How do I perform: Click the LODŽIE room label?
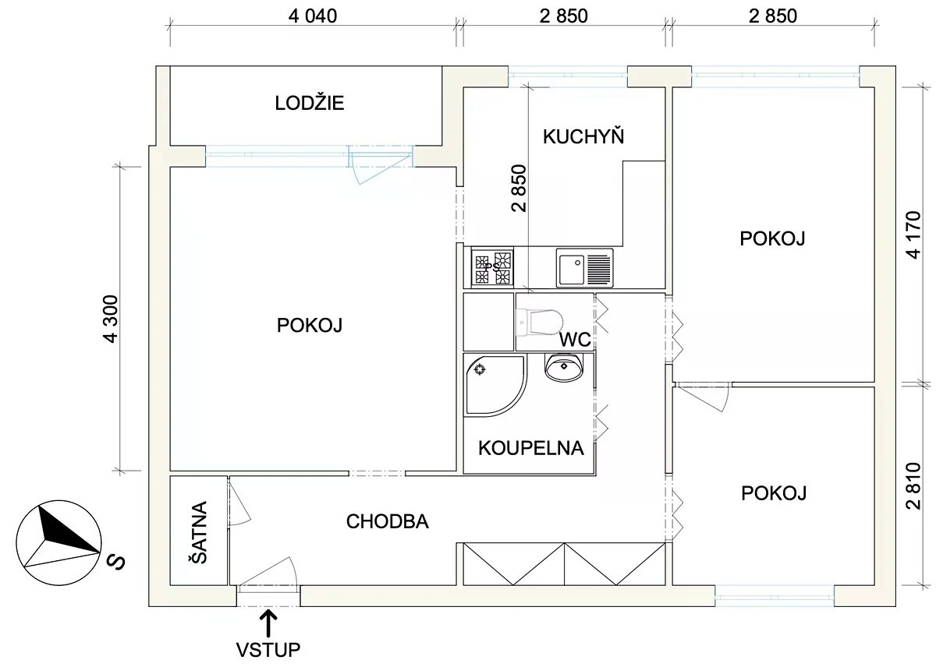pos(309,103)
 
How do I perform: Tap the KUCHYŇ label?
pos(583,136)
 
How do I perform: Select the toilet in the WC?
pos(540,323)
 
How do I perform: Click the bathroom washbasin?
pos(564,366)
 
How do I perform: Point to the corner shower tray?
pos(495,385)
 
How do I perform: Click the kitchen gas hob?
pos(492,267)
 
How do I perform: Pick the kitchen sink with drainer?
pos(584,267)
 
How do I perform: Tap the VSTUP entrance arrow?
pos(268,623)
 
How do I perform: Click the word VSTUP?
pos(268,650)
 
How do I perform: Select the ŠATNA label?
pos(200,532)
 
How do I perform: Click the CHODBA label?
pos(388,521)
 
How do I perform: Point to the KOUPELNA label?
pos(530,448)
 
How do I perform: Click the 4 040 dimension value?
pos(313,16)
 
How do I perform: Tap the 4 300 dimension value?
pos(111,319)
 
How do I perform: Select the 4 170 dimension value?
pos(914,235)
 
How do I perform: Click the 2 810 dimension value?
pos(914,486)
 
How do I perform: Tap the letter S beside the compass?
pos(115,562)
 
